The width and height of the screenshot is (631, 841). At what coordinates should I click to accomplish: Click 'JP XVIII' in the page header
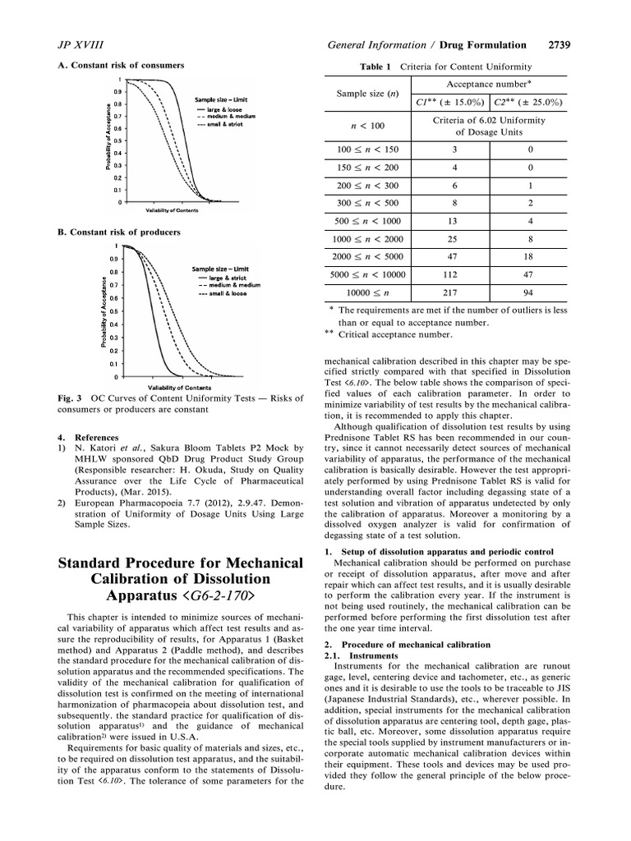[x=75, y=44]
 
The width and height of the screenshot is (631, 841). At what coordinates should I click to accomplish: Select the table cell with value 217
[x=449, y=291]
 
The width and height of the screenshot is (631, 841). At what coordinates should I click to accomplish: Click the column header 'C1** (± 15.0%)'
[x=449, y=103]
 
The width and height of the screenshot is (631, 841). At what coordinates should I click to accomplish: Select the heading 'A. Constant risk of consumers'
[x=120, y=65]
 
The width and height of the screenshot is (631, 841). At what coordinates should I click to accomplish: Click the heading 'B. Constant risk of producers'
[x=119, y=232]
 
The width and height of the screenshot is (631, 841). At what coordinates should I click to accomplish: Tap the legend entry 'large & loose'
[x=223, y=108]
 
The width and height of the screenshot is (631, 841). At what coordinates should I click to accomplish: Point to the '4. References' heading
[x=88, y=437]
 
